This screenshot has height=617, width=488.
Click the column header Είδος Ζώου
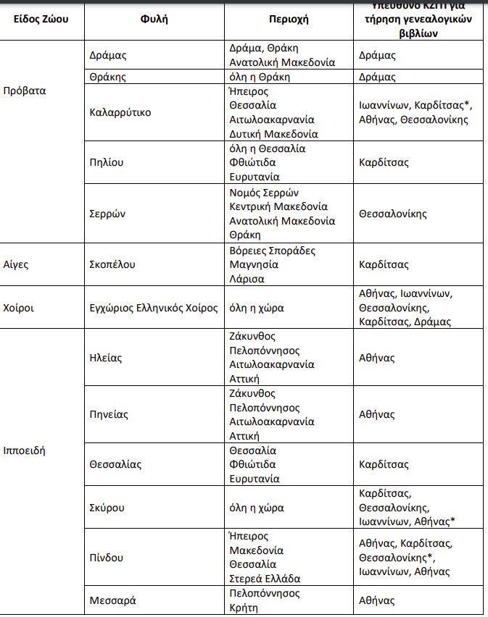(41, 19)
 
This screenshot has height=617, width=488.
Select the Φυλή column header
(154, 19)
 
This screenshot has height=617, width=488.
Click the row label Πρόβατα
(25, 91)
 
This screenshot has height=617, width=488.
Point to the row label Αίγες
(16, 264)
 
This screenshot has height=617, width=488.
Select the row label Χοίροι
(19, 308)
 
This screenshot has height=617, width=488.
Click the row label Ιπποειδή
(25, 450)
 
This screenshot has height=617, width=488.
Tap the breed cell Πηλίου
(107, 162)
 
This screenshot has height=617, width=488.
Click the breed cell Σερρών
(108, 214)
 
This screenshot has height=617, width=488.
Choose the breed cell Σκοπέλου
(112, 264)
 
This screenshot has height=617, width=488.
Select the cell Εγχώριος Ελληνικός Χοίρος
(153, 308)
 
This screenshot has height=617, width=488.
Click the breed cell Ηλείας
(106, 358)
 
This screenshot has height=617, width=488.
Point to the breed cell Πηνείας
(109, 414)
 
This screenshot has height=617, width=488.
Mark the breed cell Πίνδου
(107, 558)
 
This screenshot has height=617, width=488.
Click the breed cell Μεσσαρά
(112, 600)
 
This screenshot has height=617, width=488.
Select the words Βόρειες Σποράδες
(273, 251)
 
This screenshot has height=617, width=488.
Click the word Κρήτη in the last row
(244, 608)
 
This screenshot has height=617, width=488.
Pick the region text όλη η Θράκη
(260, 77)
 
